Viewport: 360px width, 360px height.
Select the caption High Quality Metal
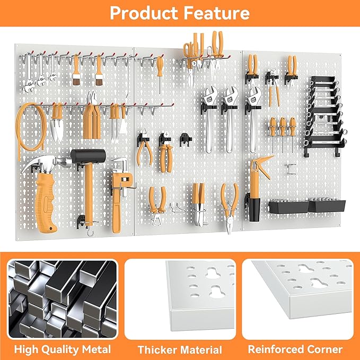62,349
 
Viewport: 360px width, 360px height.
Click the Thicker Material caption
180,349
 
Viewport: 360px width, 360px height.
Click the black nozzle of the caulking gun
253,209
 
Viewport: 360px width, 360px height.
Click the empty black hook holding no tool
185,139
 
